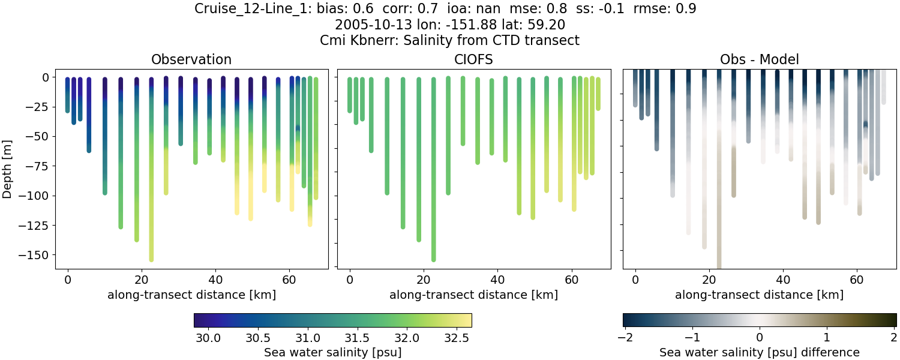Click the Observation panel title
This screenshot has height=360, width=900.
tap(191, 59)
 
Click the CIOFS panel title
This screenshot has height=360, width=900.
tap(473, 59)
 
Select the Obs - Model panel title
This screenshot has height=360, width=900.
tap(759, 59)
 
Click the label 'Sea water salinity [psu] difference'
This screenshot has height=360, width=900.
tap(759, 352)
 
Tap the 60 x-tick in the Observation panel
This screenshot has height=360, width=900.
tap(290, 279)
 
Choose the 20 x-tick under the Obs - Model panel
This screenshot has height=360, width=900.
tap(709, 279)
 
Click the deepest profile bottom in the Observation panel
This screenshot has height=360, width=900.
tap(151, 259)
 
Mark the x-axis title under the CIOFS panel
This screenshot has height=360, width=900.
tap(473, 295)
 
